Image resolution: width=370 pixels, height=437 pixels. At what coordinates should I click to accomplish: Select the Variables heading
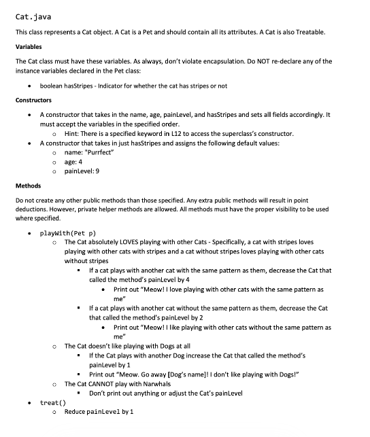(29, 47)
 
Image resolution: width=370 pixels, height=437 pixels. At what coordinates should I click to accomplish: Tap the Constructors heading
(33, 101)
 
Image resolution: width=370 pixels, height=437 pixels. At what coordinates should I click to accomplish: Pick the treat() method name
(51, 403)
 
